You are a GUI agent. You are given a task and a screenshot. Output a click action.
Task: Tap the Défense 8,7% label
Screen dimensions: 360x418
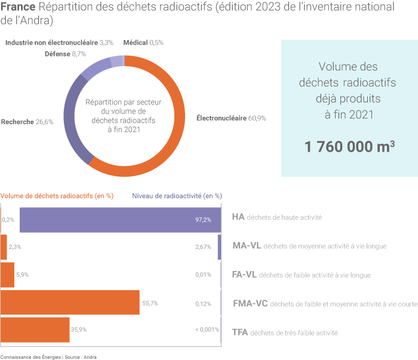[x=65, y=54]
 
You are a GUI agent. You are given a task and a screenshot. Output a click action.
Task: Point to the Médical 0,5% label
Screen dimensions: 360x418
[x=143, y=42]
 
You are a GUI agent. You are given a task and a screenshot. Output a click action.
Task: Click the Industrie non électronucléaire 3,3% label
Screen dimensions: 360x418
[x=59, y=42]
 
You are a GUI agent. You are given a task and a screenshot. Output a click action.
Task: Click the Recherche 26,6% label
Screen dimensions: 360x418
[x=27, y=122]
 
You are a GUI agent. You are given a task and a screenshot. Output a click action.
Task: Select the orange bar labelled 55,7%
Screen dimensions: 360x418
[x=70, y=303]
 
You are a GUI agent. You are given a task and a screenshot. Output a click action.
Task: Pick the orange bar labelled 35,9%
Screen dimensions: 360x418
[x=36, y=330]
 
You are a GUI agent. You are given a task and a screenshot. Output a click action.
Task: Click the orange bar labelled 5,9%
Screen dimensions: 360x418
[x=8, y=275]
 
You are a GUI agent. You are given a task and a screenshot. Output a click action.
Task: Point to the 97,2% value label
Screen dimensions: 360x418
[x=203, y=220]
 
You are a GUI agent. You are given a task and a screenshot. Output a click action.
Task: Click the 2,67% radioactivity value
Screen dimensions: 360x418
[x=203, y=247]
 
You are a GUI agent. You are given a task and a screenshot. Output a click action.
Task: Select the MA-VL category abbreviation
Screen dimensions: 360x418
[x=245, y=245]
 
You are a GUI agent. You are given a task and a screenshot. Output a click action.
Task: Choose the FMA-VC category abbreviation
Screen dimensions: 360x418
[x=249, y=303]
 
